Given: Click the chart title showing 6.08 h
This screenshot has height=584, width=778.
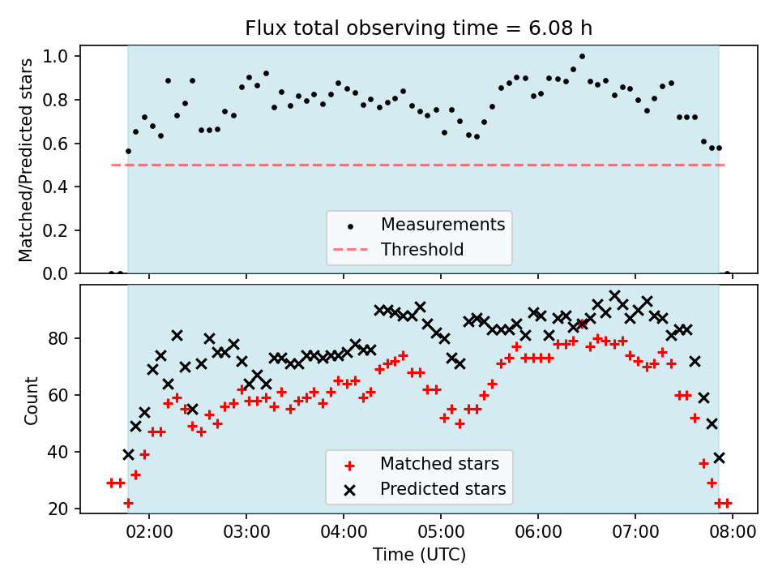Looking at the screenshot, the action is tap(419, 28).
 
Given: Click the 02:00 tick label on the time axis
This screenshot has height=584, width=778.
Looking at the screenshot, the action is tap(149, 532).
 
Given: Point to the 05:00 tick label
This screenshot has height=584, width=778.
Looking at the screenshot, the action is tap(441, 532).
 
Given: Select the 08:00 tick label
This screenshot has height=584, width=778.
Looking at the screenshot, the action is tap(733, 532).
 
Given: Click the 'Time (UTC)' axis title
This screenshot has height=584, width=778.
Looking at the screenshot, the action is tap(419, 554).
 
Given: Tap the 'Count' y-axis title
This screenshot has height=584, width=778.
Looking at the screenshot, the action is tap(31, 401).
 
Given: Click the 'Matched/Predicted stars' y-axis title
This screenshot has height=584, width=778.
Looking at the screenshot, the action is tap(25, 160).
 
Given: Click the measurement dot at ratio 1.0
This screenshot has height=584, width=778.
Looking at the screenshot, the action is tap(582, 56).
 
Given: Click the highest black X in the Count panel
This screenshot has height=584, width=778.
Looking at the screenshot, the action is tap(614, 296).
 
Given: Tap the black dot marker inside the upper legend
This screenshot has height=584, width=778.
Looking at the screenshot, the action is tap(350, 226).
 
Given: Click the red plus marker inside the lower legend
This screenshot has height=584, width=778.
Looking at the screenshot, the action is tap(350, 466).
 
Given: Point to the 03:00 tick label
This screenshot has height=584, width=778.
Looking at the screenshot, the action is tap(246, 532).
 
